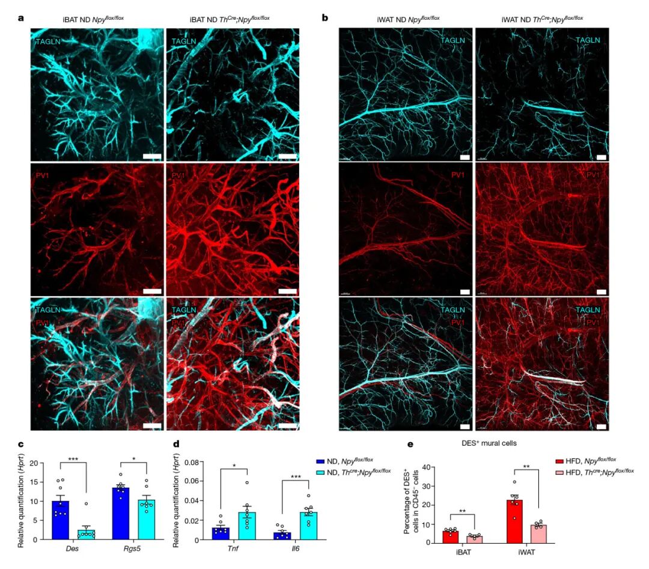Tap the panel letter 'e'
tap(410, 445)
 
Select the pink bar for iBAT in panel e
tap(475, 539)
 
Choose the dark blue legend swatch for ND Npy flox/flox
tap(320, 461)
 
